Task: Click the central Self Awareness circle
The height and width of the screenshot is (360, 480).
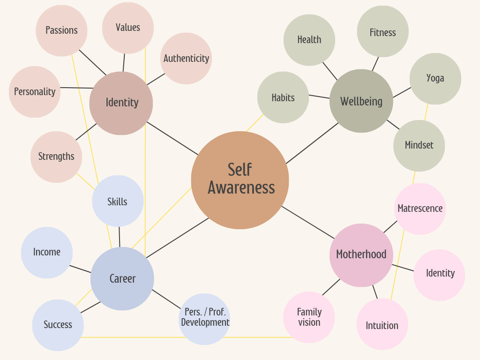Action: click(240, 180)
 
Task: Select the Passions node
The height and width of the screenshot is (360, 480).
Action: click(61, 30)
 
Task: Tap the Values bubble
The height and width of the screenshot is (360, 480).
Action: click(128, 28)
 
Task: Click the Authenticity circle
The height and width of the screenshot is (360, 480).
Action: click(186, 59)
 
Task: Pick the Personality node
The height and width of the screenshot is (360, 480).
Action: click(35, 92)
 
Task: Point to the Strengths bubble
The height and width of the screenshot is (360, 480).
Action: click(56, 157)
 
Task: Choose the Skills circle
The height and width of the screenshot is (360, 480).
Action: click(118, 202)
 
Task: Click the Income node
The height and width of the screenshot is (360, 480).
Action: click(47, 252)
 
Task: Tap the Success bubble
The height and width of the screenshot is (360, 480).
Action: click(58, 325)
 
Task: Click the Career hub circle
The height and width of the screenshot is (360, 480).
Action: click(122, 278)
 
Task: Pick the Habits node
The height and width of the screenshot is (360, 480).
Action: click(283, 97)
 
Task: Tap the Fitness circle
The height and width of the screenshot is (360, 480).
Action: click(383, 32)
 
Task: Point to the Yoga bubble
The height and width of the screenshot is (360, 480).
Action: click(435, 78)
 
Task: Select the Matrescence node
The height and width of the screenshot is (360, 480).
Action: click(420, 209)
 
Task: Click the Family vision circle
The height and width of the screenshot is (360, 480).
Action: click(309, 317)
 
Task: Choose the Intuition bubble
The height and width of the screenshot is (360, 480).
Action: click(382, 325)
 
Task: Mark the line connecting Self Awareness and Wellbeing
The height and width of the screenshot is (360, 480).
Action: click(312, 143)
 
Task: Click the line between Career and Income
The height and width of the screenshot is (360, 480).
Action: click(80, 269)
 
